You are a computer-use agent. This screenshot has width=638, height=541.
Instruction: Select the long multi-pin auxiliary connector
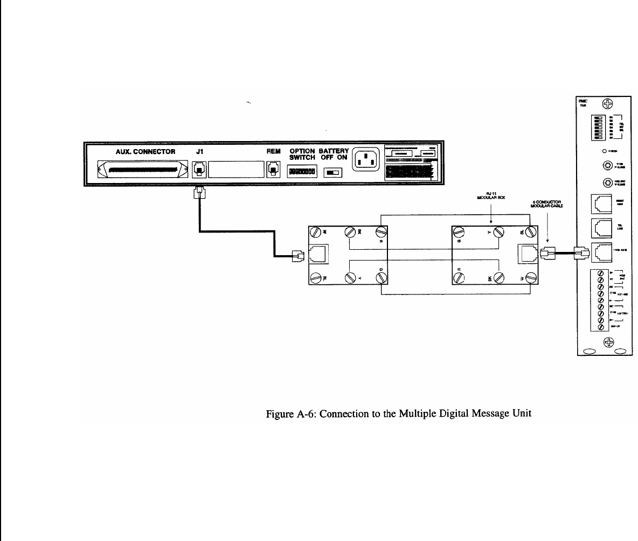pyautogui.click(x=143, y=170)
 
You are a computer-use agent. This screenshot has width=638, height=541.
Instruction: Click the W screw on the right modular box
pyautogui.click(x=530, y=278)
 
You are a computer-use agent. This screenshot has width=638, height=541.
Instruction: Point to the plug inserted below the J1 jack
pyautogui.click(x=199, y=193)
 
